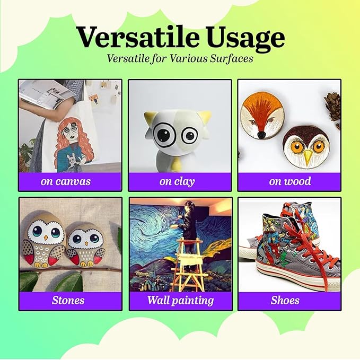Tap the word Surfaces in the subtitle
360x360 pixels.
click(x=232, y=58)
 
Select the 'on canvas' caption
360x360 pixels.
click(x=66, y=181)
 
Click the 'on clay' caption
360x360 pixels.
click(x=177, y=182)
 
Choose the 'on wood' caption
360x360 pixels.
click(x=289, y=181)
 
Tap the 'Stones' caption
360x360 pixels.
click(x=68, y=300)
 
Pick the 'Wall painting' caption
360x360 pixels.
click(x=180, y=301)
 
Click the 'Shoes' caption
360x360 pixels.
click(x=285, y=300)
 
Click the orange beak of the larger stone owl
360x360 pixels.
click(x=46, y=238)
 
